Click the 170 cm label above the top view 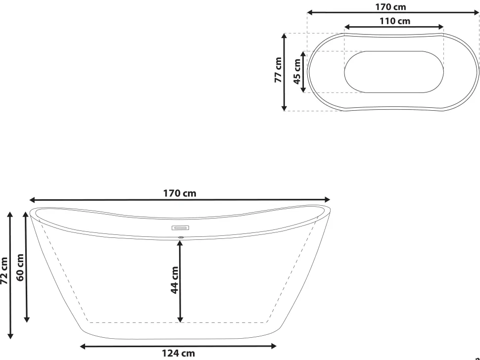390,7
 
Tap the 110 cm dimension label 395,21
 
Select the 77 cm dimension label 278,70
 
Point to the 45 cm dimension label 297,72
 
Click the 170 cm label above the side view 180,193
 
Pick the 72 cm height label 4,270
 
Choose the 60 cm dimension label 20,268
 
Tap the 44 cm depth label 175,280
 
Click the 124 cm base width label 179,353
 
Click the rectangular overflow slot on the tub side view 180,228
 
